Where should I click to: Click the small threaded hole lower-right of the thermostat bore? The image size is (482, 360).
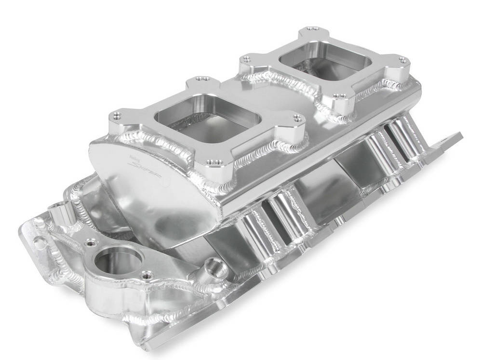point(146,276)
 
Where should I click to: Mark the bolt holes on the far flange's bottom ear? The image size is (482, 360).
point(342,97)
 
